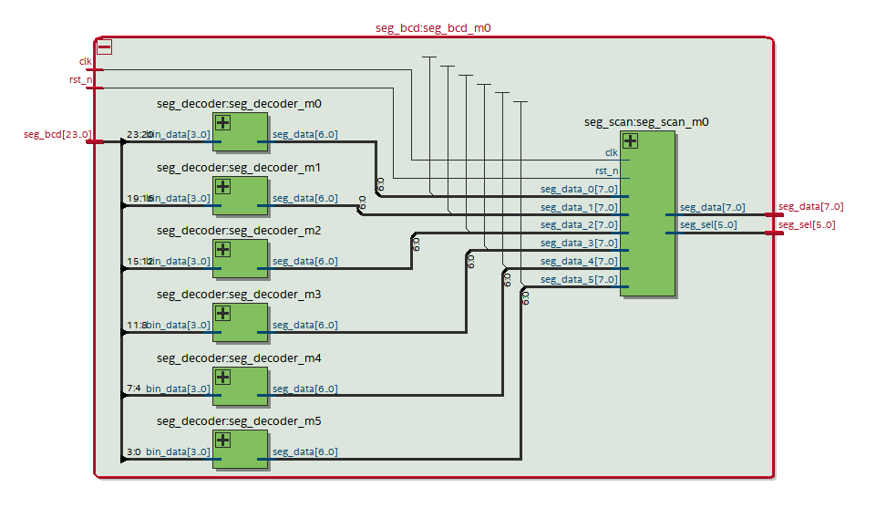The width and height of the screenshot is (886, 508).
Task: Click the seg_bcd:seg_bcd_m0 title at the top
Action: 433,27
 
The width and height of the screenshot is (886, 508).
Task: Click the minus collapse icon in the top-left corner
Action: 104,47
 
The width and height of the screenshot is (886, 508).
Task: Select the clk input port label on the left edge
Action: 86,62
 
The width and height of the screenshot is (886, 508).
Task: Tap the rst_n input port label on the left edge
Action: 82,80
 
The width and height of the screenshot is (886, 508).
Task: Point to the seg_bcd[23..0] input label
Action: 57,135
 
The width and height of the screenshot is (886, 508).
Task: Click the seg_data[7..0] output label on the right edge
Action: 810,207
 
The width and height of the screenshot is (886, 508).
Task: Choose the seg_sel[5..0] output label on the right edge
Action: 806,225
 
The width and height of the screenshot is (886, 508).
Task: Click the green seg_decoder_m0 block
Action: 241,132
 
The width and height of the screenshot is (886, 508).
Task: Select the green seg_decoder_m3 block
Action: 241,322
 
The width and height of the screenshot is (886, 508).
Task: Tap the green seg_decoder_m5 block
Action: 241,450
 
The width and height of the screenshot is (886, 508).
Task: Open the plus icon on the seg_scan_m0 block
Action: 630,140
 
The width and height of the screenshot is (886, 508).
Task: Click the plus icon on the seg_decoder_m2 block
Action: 222,250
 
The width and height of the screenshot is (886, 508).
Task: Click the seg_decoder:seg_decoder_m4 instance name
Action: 239,358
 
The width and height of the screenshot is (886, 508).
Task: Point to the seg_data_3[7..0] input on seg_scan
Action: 579,244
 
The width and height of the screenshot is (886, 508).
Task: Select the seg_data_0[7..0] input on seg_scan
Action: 579,190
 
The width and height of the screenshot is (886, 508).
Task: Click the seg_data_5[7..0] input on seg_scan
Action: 579,279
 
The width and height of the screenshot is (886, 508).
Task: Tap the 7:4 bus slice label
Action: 133,389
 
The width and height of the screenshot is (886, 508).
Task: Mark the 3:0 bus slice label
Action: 133,451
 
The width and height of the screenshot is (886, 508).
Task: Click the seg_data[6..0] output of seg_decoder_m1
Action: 304,198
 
